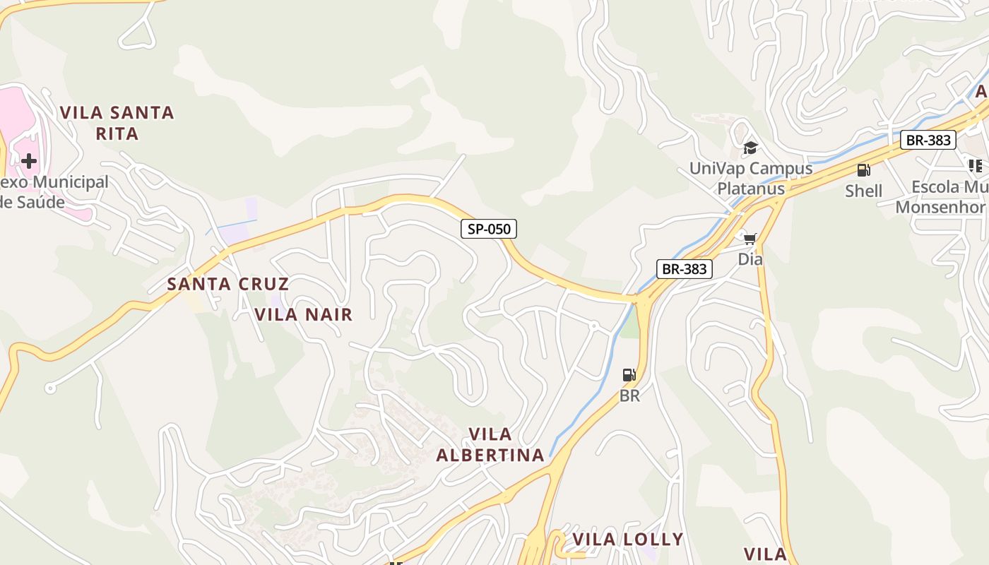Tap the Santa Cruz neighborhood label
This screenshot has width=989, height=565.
click(227, 284)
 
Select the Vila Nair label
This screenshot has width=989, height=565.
click(303, 314)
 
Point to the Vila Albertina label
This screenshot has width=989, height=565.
click(490, 444)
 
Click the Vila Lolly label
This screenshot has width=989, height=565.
click(627, 540)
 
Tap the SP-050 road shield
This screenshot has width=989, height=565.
click(489, 229)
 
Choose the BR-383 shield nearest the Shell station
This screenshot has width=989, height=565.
click(928, 140)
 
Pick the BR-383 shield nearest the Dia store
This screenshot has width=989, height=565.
click(684, 268)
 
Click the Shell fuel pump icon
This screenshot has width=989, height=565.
click(863, 170)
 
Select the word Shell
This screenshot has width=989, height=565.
click(863, 191)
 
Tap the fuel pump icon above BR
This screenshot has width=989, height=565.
click(629, 375)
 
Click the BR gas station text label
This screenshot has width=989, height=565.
click(629, 395)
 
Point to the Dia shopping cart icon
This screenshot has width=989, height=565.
click(750, 239)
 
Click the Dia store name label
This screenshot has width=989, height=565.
click(750, 259)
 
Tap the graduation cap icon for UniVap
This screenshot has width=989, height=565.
click(750, 148)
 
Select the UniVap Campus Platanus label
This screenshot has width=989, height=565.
click(751, 179)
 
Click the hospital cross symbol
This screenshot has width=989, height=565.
click(28, 161)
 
